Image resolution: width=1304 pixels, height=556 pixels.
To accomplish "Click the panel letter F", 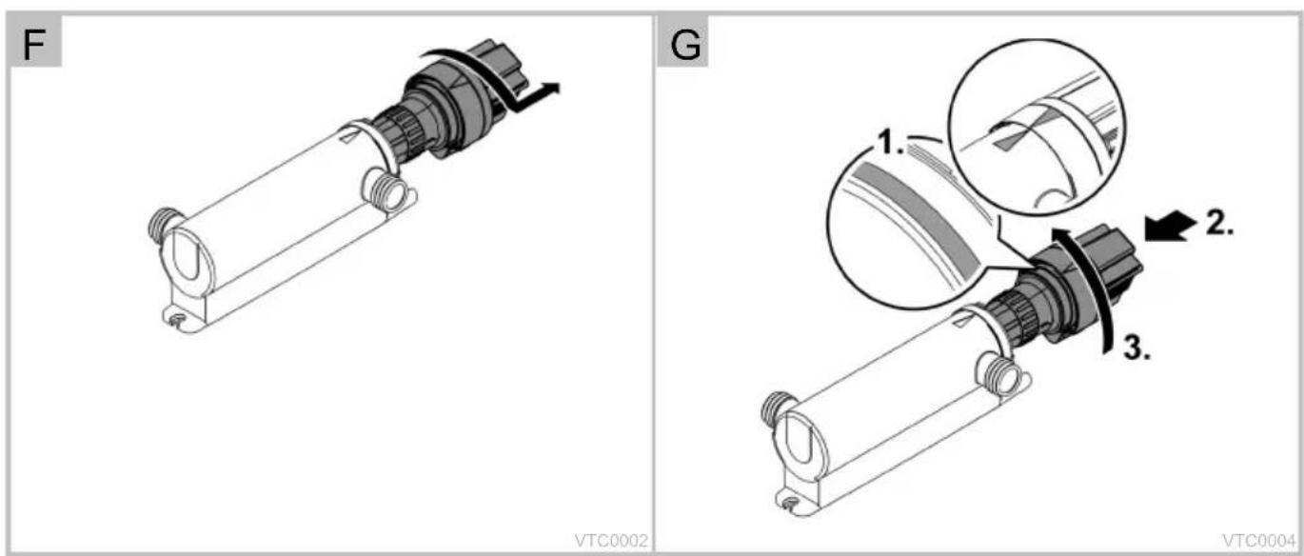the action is [34, 44].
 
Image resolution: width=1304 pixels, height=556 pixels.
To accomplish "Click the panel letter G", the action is [685, 44].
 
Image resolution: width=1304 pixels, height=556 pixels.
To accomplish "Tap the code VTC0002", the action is [611, 541].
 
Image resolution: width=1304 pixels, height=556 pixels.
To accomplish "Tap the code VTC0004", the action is [1258, 541].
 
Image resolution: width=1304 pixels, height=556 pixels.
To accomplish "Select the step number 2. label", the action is [1219, 223].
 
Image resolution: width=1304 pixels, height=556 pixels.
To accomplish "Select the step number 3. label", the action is [1136, 348].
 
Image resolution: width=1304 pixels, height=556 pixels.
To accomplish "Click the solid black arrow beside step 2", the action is [1170, 226].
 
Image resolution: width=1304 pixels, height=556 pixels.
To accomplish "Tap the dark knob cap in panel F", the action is [495, 67].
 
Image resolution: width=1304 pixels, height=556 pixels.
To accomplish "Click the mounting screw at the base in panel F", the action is [179, 319].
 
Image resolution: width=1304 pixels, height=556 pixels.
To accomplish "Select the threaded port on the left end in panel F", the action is [164, 224].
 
